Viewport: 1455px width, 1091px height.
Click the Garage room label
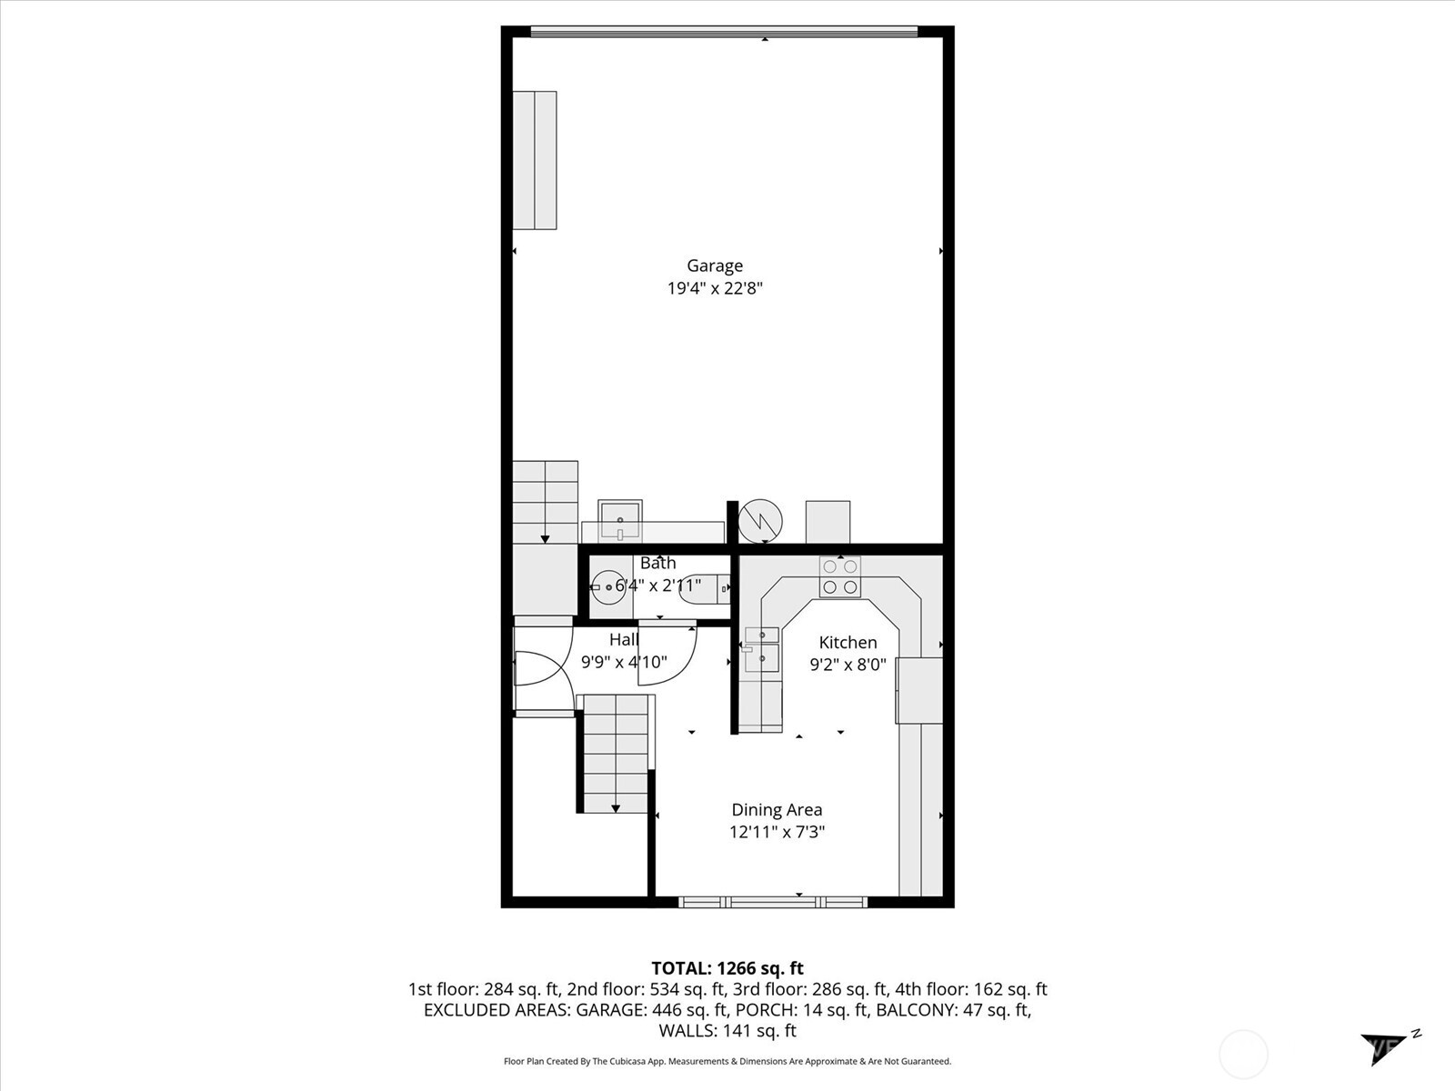[714, 265]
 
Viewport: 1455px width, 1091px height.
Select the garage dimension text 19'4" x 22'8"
[714, 288]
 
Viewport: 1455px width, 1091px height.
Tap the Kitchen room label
[848, 642]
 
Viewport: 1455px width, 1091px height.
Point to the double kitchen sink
[762, 647]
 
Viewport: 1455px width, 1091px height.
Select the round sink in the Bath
[607, 587]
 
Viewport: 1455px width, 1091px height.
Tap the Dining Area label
[777, 809]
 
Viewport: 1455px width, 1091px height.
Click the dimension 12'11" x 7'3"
[777, 832]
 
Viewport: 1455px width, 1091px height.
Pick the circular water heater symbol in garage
[759, 521]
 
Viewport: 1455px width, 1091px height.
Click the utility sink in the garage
[620, 519]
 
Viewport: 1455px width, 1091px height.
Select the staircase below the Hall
[617, 755]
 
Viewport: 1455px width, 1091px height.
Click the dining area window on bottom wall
[773, 902]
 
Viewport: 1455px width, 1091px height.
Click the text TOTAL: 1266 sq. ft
[727, 968]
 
